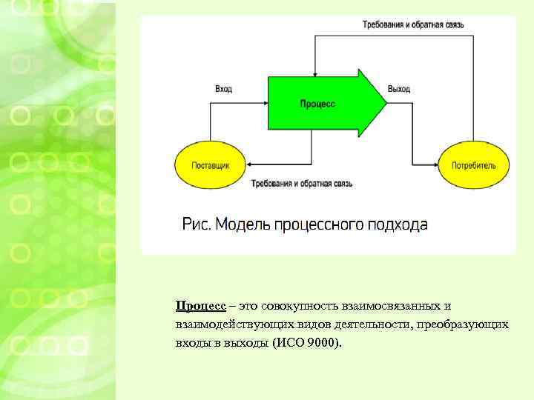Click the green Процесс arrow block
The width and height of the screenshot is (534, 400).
[x=319, y=104]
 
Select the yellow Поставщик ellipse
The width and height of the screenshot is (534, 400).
[x=211, y=165]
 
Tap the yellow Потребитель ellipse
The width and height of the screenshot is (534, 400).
[x=474, y=165]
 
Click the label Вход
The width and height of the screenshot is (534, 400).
[x=223, y=89]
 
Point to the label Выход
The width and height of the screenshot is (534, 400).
[x=398, y=89]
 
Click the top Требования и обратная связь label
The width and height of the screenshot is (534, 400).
[x=413, y=24]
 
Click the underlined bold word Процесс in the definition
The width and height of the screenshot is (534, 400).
[x=201, y=306]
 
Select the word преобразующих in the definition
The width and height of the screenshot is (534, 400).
[x=464, y=324]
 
